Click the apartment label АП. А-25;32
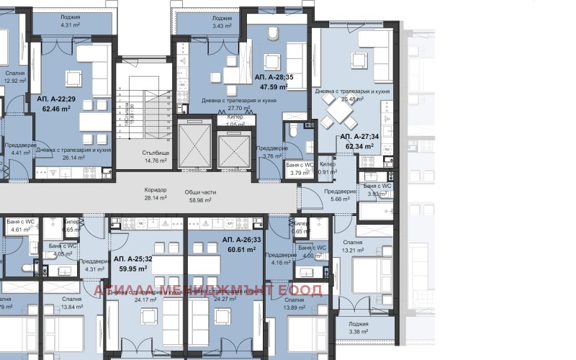tap(132, 258)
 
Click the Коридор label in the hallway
tap(156, 190)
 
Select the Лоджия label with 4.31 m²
tap(70, 16)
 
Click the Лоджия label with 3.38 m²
tap(358, 325)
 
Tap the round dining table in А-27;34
tap(338, 112)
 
